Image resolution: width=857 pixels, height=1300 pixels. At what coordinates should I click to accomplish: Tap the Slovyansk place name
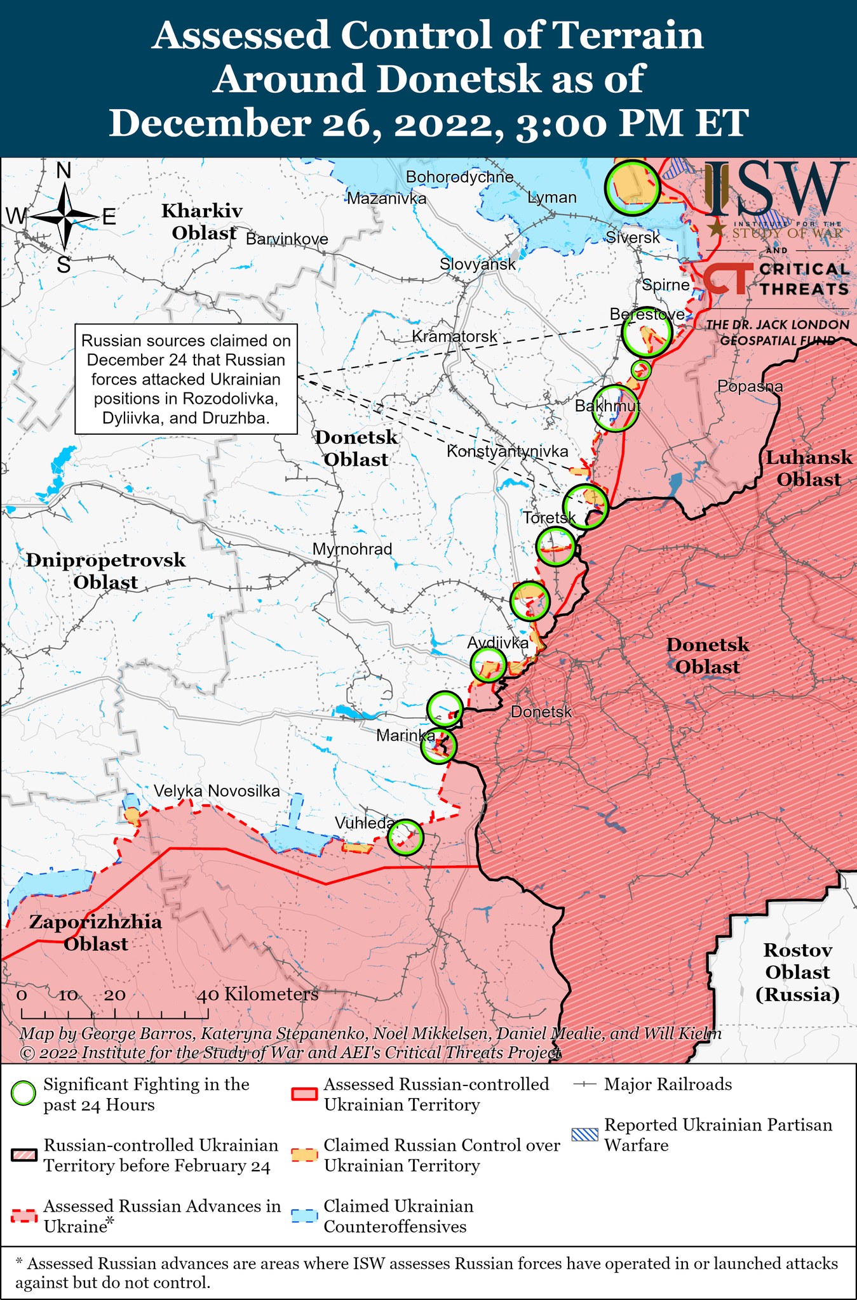(x=477, y=264)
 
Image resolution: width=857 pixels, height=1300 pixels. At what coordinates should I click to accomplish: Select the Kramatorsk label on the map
(x=454, y=336)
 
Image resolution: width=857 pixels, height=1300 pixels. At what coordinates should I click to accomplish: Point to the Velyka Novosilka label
(x=217, y=791)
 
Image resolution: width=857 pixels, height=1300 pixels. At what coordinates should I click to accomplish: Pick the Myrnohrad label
(x=352, y=549)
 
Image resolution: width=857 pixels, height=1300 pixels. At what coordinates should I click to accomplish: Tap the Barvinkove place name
(x=287, y=239)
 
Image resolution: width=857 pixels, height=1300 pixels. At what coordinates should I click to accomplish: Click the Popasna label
(x=750, y=386)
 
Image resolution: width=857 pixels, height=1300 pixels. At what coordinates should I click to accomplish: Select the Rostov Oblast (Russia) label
(x=797, y=972)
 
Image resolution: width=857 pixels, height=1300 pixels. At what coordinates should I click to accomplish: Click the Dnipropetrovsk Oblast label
(x=105, y=571)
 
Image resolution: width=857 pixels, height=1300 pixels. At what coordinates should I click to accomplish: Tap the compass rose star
(x=65, y=217)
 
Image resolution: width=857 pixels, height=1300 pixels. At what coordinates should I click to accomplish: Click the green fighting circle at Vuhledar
(x=405, y=837)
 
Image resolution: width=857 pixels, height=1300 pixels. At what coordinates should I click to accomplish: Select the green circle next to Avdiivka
(x=488, y=665)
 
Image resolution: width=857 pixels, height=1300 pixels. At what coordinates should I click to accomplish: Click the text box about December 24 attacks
(x=186, y=380)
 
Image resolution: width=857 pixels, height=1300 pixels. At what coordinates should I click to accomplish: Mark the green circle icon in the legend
(x=24, y=1094)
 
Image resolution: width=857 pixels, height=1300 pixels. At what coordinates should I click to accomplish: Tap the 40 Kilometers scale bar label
(x=257, y=995)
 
